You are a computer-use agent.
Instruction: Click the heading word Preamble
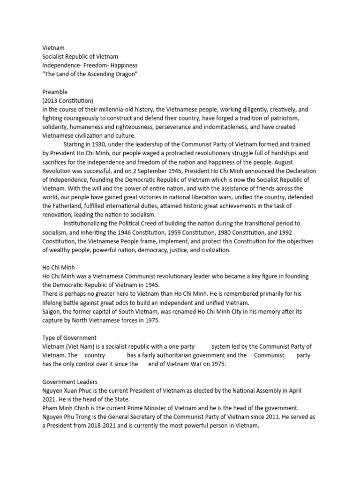click(55, 92)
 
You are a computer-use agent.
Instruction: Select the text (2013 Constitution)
click(67, 101)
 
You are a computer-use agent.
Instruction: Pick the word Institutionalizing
click(88, 224)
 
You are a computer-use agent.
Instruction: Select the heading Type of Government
click(69, 337)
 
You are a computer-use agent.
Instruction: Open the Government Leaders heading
click(69, 382)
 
